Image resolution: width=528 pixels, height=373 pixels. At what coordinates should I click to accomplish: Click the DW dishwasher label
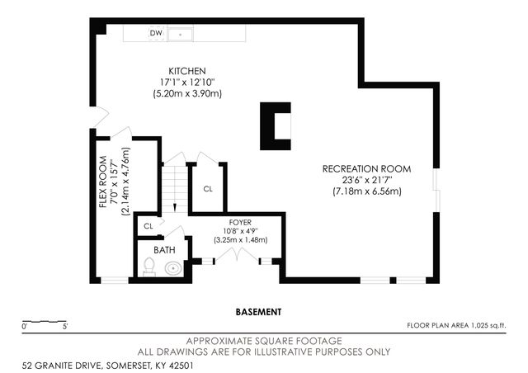(155, 33)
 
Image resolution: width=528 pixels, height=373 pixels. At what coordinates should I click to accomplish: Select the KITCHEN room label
(187, 71)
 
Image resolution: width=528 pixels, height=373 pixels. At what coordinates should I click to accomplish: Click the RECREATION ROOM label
(365, 169)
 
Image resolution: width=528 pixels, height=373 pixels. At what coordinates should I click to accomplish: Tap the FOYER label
(240, 223)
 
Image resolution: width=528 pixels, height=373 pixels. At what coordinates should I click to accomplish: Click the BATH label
(165, 249)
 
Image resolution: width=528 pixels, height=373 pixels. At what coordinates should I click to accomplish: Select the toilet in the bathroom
(149, 267)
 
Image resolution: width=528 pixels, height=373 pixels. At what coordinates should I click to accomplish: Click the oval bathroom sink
(173, 268)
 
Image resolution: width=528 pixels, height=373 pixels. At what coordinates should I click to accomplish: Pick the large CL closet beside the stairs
(208, 188)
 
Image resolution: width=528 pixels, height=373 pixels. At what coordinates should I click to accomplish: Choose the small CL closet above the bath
(148, 225)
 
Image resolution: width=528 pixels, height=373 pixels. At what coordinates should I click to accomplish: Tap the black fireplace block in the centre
(275, 125)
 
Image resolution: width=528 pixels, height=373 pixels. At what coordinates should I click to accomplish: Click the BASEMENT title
(258, 312)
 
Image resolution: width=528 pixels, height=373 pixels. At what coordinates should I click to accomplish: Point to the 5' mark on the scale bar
(64, 328)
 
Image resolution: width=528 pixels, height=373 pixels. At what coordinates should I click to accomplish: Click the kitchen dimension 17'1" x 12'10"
(187, 83)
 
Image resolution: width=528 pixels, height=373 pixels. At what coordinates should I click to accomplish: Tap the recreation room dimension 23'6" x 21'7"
(365, 181)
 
